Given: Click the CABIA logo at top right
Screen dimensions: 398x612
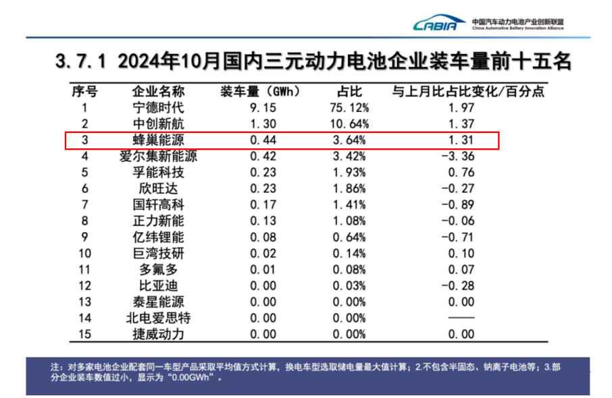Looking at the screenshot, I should [440, 25].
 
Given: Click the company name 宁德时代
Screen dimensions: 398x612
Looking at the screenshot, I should [158, 108].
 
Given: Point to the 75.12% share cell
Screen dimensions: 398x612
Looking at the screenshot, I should [352, 108].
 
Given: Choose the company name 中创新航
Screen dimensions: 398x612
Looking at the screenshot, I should [158, 124].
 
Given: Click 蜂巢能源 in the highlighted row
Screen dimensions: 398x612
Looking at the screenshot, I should [158, 140].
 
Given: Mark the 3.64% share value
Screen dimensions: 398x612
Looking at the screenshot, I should [352, 140].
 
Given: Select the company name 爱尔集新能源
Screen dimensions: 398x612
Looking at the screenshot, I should [158, 157].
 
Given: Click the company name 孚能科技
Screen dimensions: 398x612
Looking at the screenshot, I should [158, 173].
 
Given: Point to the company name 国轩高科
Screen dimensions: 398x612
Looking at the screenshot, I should [158, 205].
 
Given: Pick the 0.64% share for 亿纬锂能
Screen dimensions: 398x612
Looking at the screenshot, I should [352, 237].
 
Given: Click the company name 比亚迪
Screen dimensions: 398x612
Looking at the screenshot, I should [158, 286].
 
